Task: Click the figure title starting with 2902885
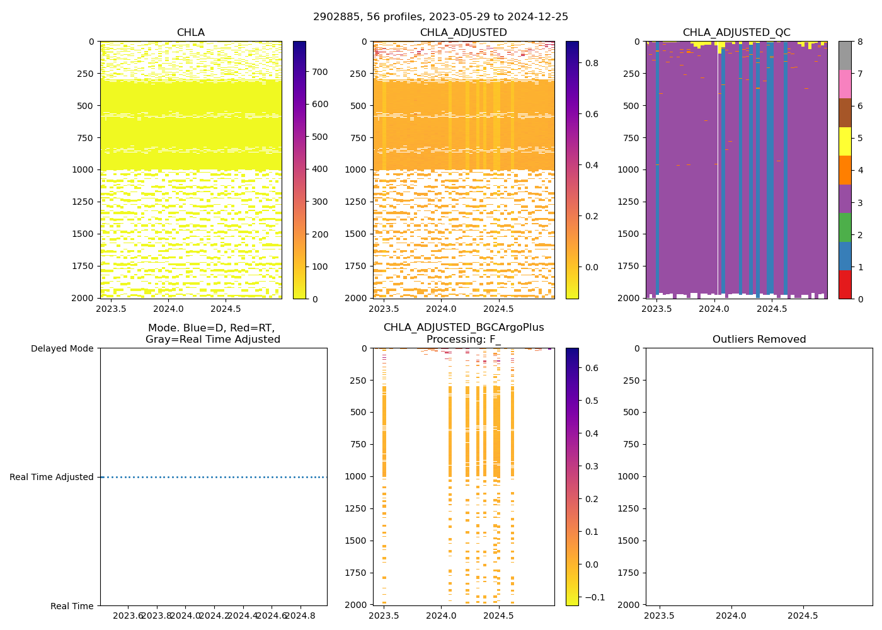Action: (440, 17)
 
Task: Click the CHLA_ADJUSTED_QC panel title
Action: (736, 33)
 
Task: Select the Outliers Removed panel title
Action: (759, 340)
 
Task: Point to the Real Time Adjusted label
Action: (52, 477)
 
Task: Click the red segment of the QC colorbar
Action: (845, 285)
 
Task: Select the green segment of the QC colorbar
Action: (845, 227)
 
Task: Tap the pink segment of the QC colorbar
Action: (845, 84)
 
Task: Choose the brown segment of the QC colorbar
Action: (845, 113)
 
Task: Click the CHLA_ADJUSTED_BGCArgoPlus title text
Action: (464, 328)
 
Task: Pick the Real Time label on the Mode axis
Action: (72, 606)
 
